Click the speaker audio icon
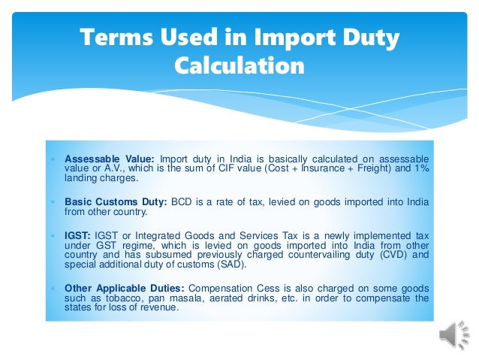coord(453,336)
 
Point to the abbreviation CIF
coord(229,169)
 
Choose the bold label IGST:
coord(78,235)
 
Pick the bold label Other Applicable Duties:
coord(125,288)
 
